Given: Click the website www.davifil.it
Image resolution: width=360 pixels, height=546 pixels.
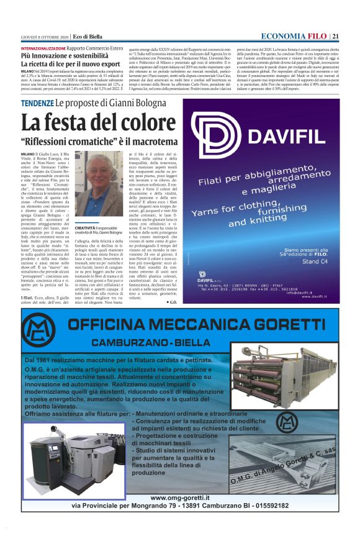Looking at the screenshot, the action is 319,296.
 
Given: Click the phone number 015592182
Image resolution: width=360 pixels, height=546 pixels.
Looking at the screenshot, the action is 267,506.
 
